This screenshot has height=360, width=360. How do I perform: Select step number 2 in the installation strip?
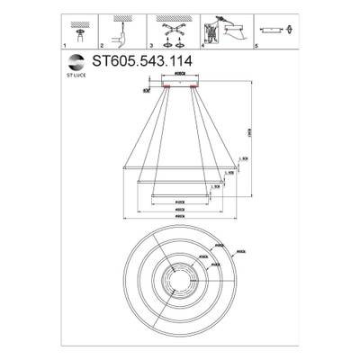tap(102, 44)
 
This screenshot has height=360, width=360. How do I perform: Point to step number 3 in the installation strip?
tap(152, 44)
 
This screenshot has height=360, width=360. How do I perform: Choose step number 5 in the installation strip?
tap(259, 44)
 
